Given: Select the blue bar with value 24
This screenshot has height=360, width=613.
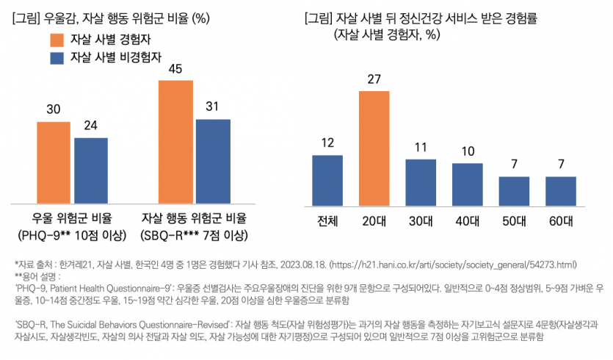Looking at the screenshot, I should (90, 170).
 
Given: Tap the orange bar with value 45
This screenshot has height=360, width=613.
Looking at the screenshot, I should (177, 141).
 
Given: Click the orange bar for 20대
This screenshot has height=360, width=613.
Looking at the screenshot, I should (374, 146).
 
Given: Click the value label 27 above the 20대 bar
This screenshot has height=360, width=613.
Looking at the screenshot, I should (374, 79).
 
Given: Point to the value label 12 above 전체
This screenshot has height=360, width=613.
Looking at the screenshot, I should (327, 143).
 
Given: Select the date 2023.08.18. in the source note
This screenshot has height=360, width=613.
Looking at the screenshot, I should (302, 264).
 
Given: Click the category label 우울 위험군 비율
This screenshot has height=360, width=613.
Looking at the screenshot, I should (72, 218).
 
